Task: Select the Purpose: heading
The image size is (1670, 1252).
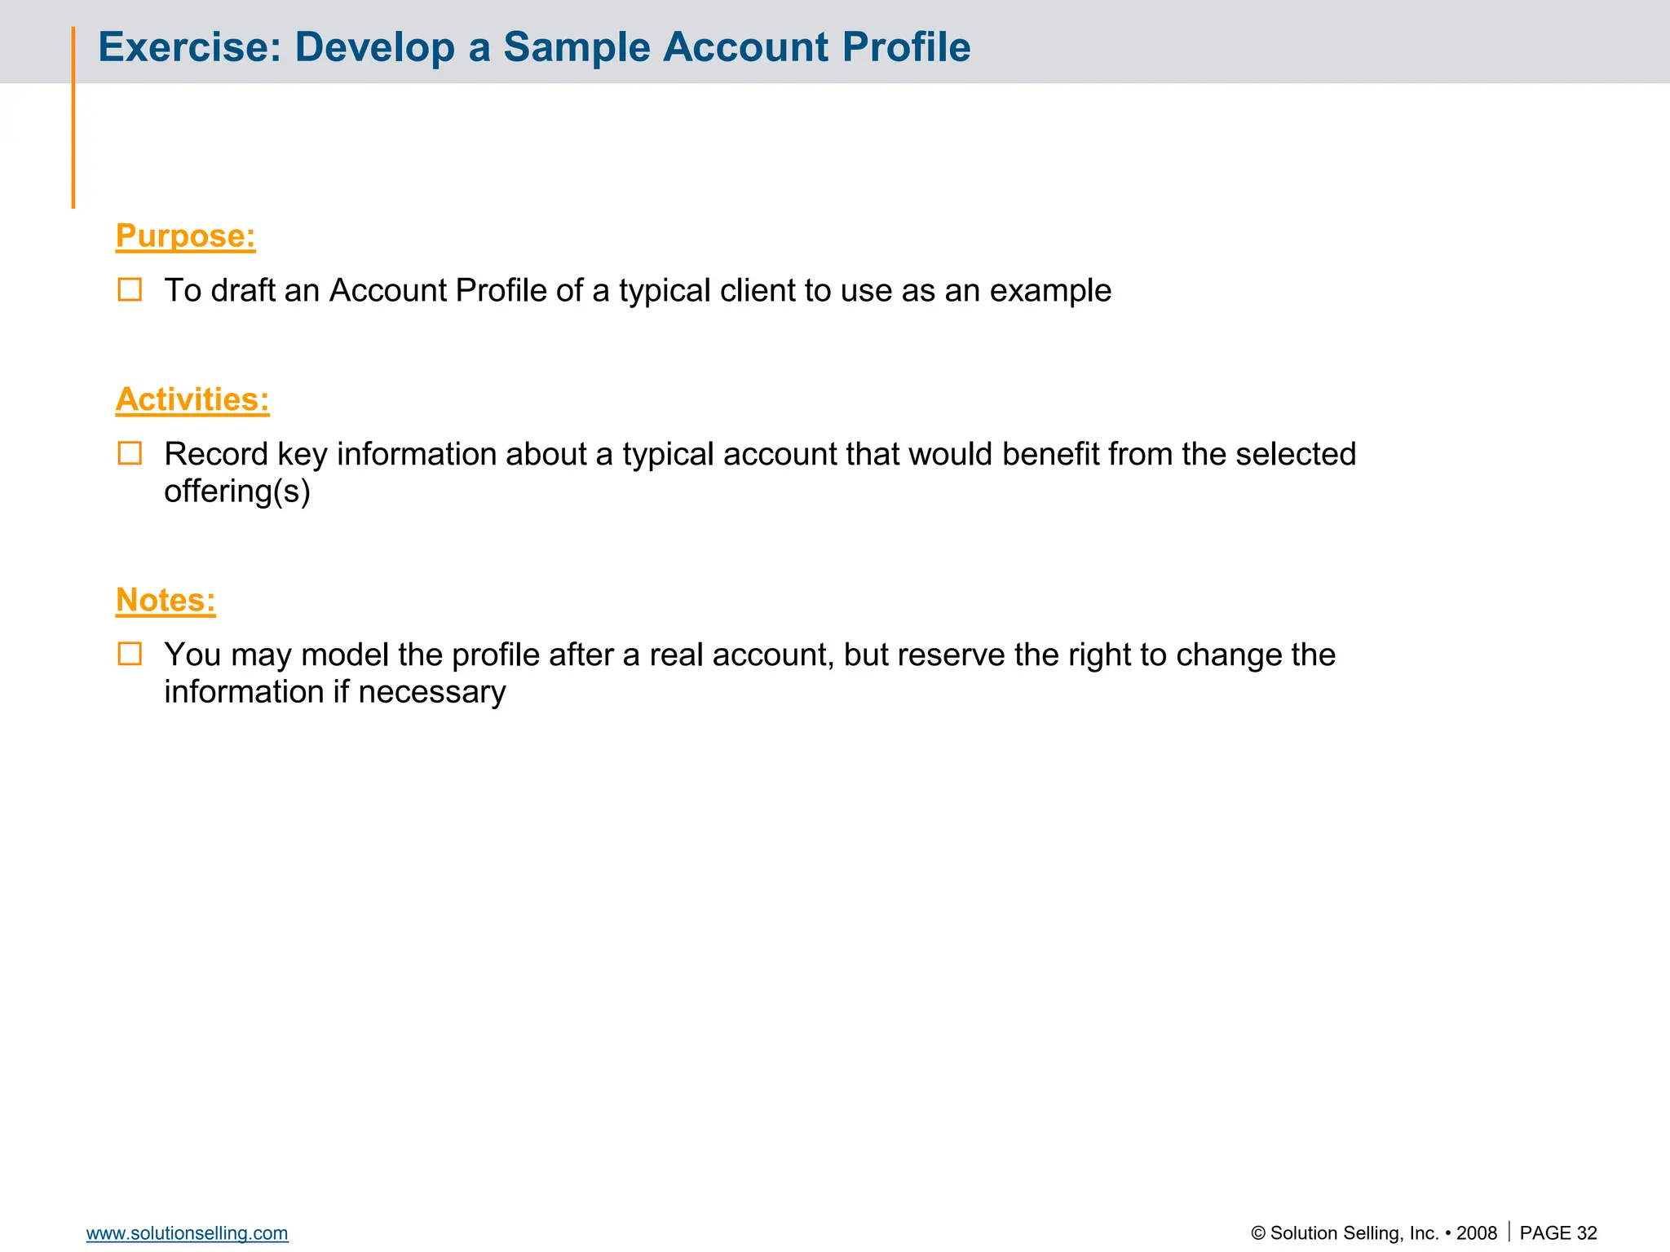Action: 185,236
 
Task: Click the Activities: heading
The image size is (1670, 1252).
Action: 192,399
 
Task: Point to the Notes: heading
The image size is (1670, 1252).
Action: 166,600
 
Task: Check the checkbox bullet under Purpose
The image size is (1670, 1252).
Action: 130,289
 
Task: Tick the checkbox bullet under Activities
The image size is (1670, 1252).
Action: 130,453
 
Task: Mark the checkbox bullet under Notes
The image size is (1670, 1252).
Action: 130,654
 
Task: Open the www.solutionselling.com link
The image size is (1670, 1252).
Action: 187,1233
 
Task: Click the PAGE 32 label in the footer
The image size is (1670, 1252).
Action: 1558,1233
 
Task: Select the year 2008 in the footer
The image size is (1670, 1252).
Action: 1477,1233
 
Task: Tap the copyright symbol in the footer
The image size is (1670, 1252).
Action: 1258,1234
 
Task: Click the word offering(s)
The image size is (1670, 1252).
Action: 237,492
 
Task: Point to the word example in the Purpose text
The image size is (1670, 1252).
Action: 1050,291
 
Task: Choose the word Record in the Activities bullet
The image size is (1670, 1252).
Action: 216,454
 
